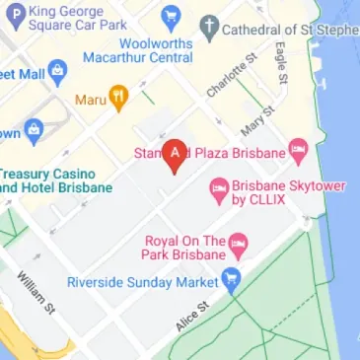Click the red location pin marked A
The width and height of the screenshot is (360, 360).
click(x=176, y=153)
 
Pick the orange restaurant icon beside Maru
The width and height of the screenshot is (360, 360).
click(x=119, y=99)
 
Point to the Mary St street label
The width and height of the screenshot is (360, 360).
click(x=255, y=124)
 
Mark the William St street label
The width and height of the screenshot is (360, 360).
click(x=32, y=291)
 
